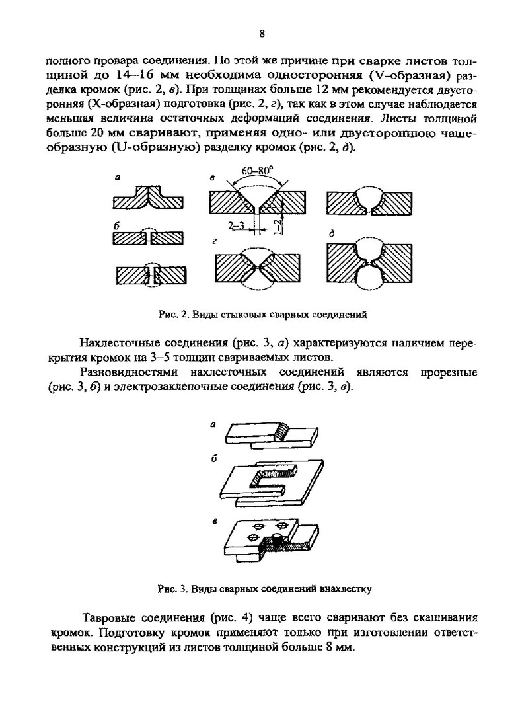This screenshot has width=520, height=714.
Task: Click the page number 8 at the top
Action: [262, 34]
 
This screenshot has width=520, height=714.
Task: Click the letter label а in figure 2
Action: [117, 177]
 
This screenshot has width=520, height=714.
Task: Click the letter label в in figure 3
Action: [215, 522]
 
